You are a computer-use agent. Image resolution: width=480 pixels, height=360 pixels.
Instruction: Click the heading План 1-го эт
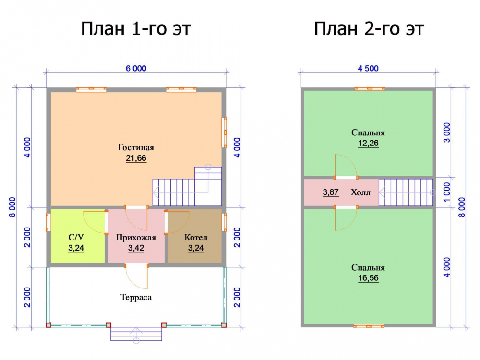tap(136, 29)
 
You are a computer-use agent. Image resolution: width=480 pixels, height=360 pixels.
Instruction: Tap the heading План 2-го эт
tap(369, 29)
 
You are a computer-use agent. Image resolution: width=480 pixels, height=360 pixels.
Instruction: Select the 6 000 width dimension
tap(136, 68)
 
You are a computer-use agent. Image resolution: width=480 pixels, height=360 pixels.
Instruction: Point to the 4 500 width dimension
tap(368, 68)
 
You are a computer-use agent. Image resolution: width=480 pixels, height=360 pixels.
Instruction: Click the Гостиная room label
tap(136, 147)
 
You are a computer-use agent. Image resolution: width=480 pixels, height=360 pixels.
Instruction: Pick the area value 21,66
tap(136, 158)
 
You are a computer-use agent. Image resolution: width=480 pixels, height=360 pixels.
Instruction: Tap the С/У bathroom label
tap(76, 238)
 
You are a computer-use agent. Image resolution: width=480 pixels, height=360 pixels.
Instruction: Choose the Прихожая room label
tap(136, 238)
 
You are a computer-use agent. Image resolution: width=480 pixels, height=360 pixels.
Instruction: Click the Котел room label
tap(196, 238)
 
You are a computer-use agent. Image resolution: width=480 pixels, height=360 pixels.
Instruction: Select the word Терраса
tap(136, 297)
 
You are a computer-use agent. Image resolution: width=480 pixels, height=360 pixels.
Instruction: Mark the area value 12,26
tap(368, 143)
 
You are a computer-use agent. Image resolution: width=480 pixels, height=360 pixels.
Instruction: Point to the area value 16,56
tap(368, 278)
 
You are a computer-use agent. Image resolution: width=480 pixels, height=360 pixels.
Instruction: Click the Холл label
tap(360, 192)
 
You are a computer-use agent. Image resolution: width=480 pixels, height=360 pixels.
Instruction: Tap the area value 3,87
tap(331, 192)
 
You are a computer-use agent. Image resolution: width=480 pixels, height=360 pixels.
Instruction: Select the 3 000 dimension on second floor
tap(447, 132)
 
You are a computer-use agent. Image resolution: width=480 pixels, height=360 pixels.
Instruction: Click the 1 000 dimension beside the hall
tap(447, 192)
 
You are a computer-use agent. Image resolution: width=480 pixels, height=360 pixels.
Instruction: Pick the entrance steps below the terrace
tap(136, 334)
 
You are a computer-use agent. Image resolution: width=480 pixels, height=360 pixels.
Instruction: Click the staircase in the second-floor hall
tap(406, 192)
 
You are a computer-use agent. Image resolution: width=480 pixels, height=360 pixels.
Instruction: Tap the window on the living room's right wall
tap(224, 132)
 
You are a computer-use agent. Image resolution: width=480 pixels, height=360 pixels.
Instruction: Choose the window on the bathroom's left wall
tap(48, 222)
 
